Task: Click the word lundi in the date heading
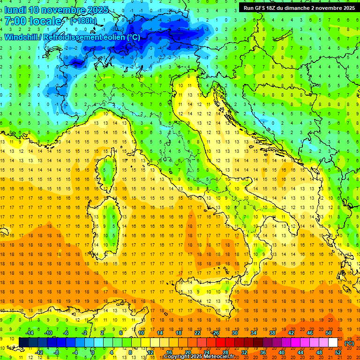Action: point(15,10)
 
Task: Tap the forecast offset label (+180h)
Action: point(83,21)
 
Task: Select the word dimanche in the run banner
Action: point(300,8)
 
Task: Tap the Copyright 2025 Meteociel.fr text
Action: point(202,357)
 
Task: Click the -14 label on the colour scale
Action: point(30,332)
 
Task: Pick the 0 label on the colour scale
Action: point(92,352)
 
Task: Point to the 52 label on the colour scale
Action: point(338,352)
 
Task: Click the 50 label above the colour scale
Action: point(329,332)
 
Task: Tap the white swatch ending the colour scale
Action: point(333,342)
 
